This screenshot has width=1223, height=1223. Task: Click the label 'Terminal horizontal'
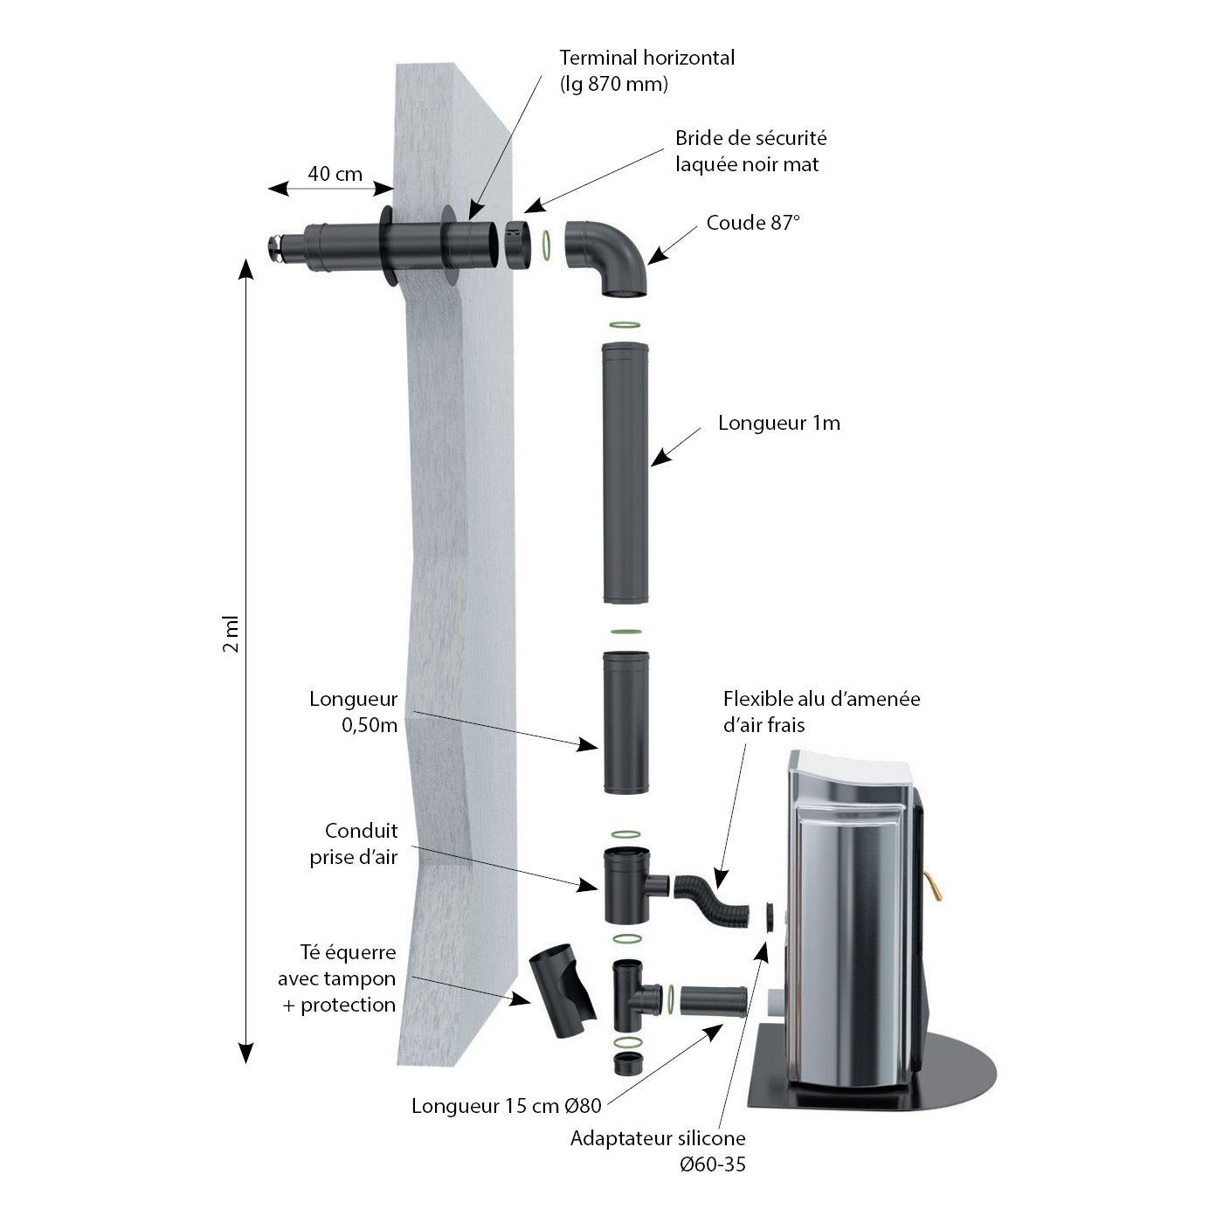click(x=646, y=58)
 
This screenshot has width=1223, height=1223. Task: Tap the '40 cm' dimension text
click(x=335, y=173)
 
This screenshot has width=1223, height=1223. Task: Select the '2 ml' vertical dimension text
click(x=231, y=633)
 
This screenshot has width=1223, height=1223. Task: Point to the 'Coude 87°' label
click(x=753, y=222)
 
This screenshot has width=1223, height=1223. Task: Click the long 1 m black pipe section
click(x=625, y=473)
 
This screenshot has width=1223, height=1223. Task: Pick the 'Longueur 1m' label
click(x=778, y=423)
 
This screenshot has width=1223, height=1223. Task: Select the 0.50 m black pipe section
click(x=625, y=722)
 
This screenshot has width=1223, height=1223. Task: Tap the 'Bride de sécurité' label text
click(x=750, y=138)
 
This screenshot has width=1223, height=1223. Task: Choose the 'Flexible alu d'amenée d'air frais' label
click(x=821, y=711)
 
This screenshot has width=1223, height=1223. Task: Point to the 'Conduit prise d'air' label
click(x=354, y=844)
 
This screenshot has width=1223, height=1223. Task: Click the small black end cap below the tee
click(x=628, y=1064)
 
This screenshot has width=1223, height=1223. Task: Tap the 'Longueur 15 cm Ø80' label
click(x=507, y=1106)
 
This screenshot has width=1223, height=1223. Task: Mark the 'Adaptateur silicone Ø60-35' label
click(x=658, y=1150)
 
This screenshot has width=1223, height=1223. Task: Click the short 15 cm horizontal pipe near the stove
click(x=714, y=1001)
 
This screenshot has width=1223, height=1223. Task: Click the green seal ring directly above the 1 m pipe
click(x=625, y=325)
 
